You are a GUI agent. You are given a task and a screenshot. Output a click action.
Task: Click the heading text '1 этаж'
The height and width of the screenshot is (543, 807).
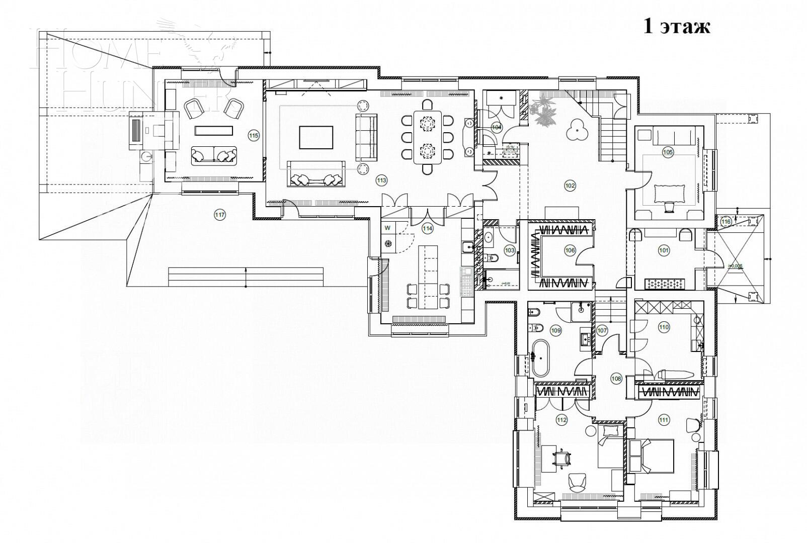pyautogui.click(x=677, y=26)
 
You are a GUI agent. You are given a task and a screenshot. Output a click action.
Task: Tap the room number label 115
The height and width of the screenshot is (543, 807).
pyautogui.click(x=254, y=135)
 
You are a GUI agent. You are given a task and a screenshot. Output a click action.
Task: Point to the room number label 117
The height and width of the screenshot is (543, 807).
pyautogui.click(x=220, y=215)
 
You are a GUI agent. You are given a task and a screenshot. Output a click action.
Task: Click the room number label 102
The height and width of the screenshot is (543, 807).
pyautogui.click(x=570, y=186)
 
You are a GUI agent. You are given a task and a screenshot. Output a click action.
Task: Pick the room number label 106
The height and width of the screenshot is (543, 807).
pyautogui.click(x=570, y=250)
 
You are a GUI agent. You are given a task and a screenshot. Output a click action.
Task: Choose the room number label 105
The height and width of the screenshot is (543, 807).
pyautogui.click(x=668, y=152)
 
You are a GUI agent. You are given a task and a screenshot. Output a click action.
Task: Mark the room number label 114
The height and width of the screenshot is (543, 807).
pyautogui.click(x=427, y=229)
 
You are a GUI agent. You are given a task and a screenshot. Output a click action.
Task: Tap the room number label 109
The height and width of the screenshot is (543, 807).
pyautogui.click(x=555, y=330)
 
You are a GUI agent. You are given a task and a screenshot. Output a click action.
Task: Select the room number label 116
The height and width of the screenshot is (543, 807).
pyautogui.click(x=725, y=221)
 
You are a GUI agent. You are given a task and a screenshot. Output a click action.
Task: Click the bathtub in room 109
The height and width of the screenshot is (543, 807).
pyautogui.click(x=541, y=358)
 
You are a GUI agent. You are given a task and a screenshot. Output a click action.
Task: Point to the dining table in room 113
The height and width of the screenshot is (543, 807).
pyautogui.click(x=427, y=137)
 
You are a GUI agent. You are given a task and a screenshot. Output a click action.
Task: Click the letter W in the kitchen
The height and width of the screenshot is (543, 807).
pyautogui.click(x=387, y=228)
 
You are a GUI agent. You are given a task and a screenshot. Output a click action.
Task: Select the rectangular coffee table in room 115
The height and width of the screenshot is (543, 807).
pyautogui.click(x=214, y=130)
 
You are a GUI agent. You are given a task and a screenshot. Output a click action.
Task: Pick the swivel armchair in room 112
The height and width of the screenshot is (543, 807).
pyautogui.click(x=578, y=482)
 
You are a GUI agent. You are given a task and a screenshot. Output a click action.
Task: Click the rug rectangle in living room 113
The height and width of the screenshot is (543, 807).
pyautogui.click(x=316, y=137)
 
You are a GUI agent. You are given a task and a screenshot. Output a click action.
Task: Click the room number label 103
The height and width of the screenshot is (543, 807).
pyautogui.click(x=510, y=250)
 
